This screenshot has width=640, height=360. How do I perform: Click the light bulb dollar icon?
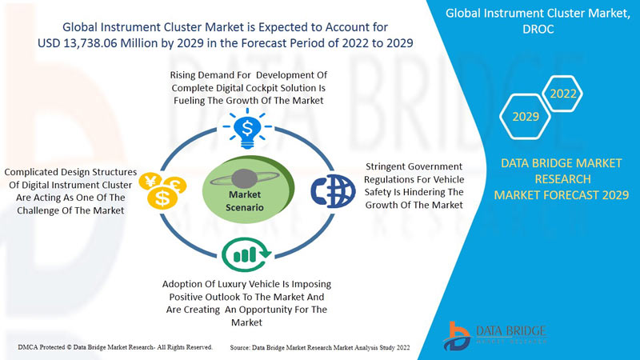(x=247, y=129)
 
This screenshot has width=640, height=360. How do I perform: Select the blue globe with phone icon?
(x=333, y=191)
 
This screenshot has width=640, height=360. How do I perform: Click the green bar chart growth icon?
(x=246, y=254)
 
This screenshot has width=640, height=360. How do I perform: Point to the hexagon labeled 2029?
(x=526, y=117)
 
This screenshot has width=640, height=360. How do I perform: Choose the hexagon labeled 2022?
(x=563, y=94)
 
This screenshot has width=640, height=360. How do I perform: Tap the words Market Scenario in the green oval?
(x=245, y=201)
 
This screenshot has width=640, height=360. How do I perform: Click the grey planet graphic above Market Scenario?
(x=245, y=178)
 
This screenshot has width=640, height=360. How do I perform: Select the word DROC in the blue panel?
(x=538, y=29)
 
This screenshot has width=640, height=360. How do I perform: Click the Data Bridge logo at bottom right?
(x=494, y=336)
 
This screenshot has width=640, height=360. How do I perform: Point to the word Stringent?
(x=385, y=167)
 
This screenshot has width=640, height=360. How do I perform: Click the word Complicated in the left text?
(x=30, y=172)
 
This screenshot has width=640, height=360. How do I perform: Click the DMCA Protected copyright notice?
(x=115, y=347)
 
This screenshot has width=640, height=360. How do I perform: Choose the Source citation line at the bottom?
(x=319, y=348)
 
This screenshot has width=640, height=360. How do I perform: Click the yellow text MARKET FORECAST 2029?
(x=562, y=195)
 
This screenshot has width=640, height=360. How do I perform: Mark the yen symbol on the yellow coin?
(x=150, y=181)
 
